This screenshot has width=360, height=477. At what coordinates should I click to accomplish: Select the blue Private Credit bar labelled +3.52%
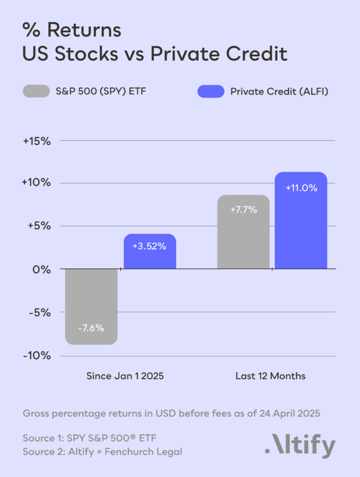point(150,252)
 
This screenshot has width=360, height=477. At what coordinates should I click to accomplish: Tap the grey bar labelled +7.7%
point(243,232)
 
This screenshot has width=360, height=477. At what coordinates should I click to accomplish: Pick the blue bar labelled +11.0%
point(301,221)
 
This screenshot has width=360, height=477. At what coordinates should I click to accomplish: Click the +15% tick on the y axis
point(36,141)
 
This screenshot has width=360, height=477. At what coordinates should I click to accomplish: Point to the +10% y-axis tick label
point(36,183)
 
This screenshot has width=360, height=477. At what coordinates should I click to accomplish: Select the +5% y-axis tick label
point(38,226)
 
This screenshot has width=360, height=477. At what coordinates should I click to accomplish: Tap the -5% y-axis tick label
point(39,312)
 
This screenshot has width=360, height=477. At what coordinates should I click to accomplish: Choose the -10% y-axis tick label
point(37,355)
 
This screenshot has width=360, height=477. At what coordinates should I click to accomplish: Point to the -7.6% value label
point(91,329)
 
